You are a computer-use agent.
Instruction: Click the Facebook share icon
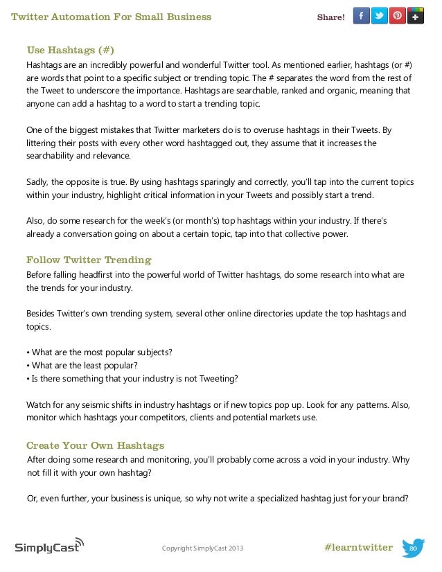361,16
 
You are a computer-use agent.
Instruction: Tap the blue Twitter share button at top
379,16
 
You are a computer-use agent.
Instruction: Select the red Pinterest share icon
397,16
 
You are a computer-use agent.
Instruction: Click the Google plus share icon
416,16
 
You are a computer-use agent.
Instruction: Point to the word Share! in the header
330,17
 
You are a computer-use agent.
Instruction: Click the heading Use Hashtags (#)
70,50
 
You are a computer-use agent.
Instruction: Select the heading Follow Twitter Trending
89,260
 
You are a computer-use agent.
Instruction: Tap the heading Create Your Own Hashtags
95,445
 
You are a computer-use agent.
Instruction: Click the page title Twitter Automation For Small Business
112,17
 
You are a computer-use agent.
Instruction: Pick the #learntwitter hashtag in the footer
357,548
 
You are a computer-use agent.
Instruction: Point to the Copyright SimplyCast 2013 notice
202,549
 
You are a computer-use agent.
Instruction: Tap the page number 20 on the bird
413,548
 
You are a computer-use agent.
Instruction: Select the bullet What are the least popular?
82,365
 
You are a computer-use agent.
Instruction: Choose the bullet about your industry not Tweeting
131,378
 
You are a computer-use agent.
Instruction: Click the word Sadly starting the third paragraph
37,182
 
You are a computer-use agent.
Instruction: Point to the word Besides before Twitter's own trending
42,314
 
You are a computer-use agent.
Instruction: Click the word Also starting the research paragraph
36,220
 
